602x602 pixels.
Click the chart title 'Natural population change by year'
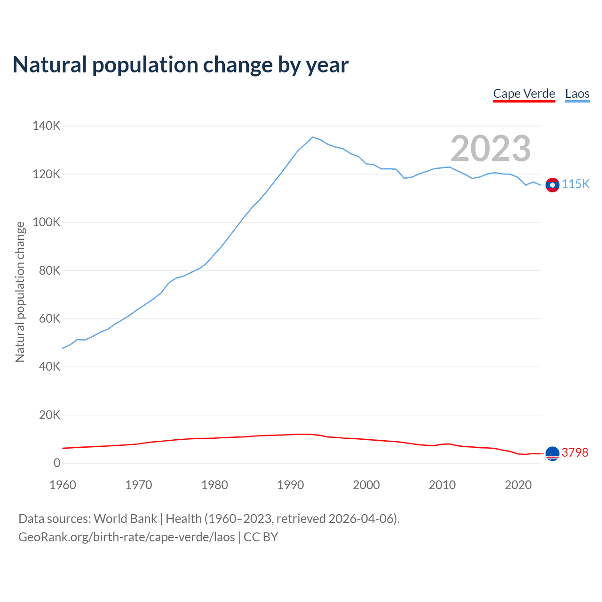click(x=181, y=65)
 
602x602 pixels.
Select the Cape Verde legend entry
click(x=524, y=94)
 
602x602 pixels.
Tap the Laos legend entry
click(x=577, y=94)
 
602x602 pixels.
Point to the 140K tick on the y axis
click(x=47, y=126)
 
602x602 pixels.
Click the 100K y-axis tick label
click(x=47, y=222)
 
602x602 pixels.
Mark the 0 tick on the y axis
click(x=57, y=463)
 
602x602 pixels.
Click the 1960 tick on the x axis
click(x=63, y=485)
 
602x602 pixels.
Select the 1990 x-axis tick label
click(x=290, y=485)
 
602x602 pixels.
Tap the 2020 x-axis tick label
click(x=518, y=485)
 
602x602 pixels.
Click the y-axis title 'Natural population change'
click(x=20, y=292)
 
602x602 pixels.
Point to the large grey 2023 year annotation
click(x=491, y=149)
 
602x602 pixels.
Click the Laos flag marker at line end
click(x=552, y=185)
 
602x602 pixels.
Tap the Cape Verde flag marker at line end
click(x=552, y=453)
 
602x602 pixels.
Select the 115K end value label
click(x=576, y=184)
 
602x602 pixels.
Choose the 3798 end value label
click(x=575, y=452)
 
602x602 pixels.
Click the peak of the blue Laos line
click(x=313, y=137)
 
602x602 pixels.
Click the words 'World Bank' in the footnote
click(x=125, y=519)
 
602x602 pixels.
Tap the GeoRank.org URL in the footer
click(x=127, y=537)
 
